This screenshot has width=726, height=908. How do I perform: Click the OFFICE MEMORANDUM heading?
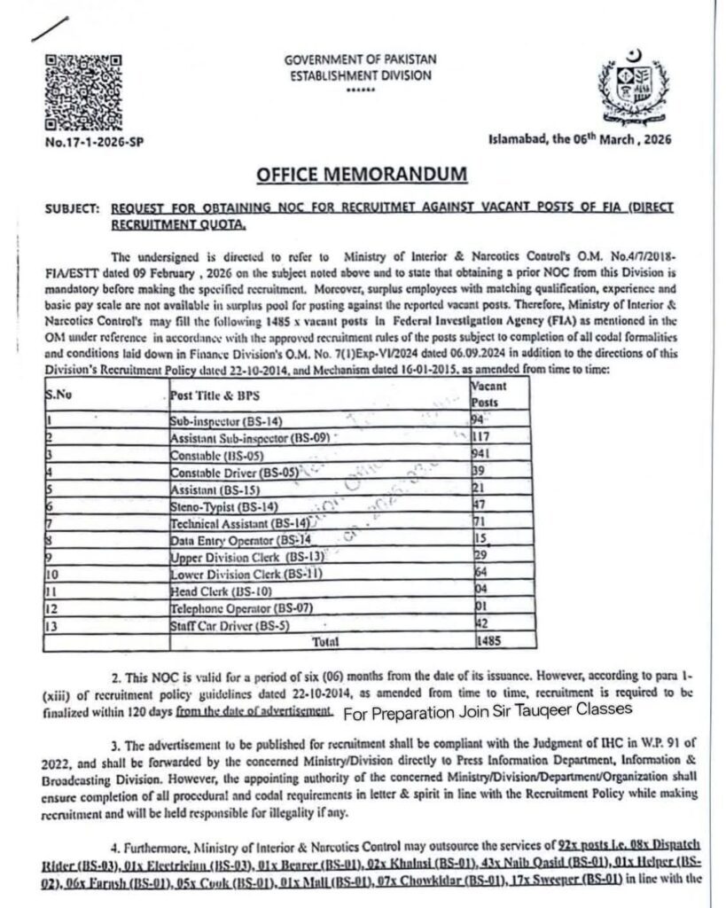point(361,176)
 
